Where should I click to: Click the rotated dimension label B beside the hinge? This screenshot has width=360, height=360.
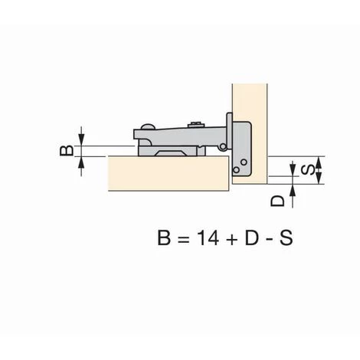[x=67, y=151]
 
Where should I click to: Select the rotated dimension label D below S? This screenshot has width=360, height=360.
[x=277, y=201]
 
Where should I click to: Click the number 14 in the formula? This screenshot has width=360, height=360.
[x=208, y=238]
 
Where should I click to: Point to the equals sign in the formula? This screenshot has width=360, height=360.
[x=184, y=240]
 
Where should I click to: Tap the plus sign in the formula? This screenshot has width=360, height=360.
[x=232, y=240]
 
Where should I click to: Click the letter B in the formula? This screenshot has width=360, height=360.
[x=164, y=238]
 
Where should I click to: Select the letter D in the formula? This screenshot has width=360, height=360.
[x=252, y=238]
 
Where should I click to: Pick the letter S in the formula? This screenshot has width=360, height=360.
[x=286, y=238]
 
